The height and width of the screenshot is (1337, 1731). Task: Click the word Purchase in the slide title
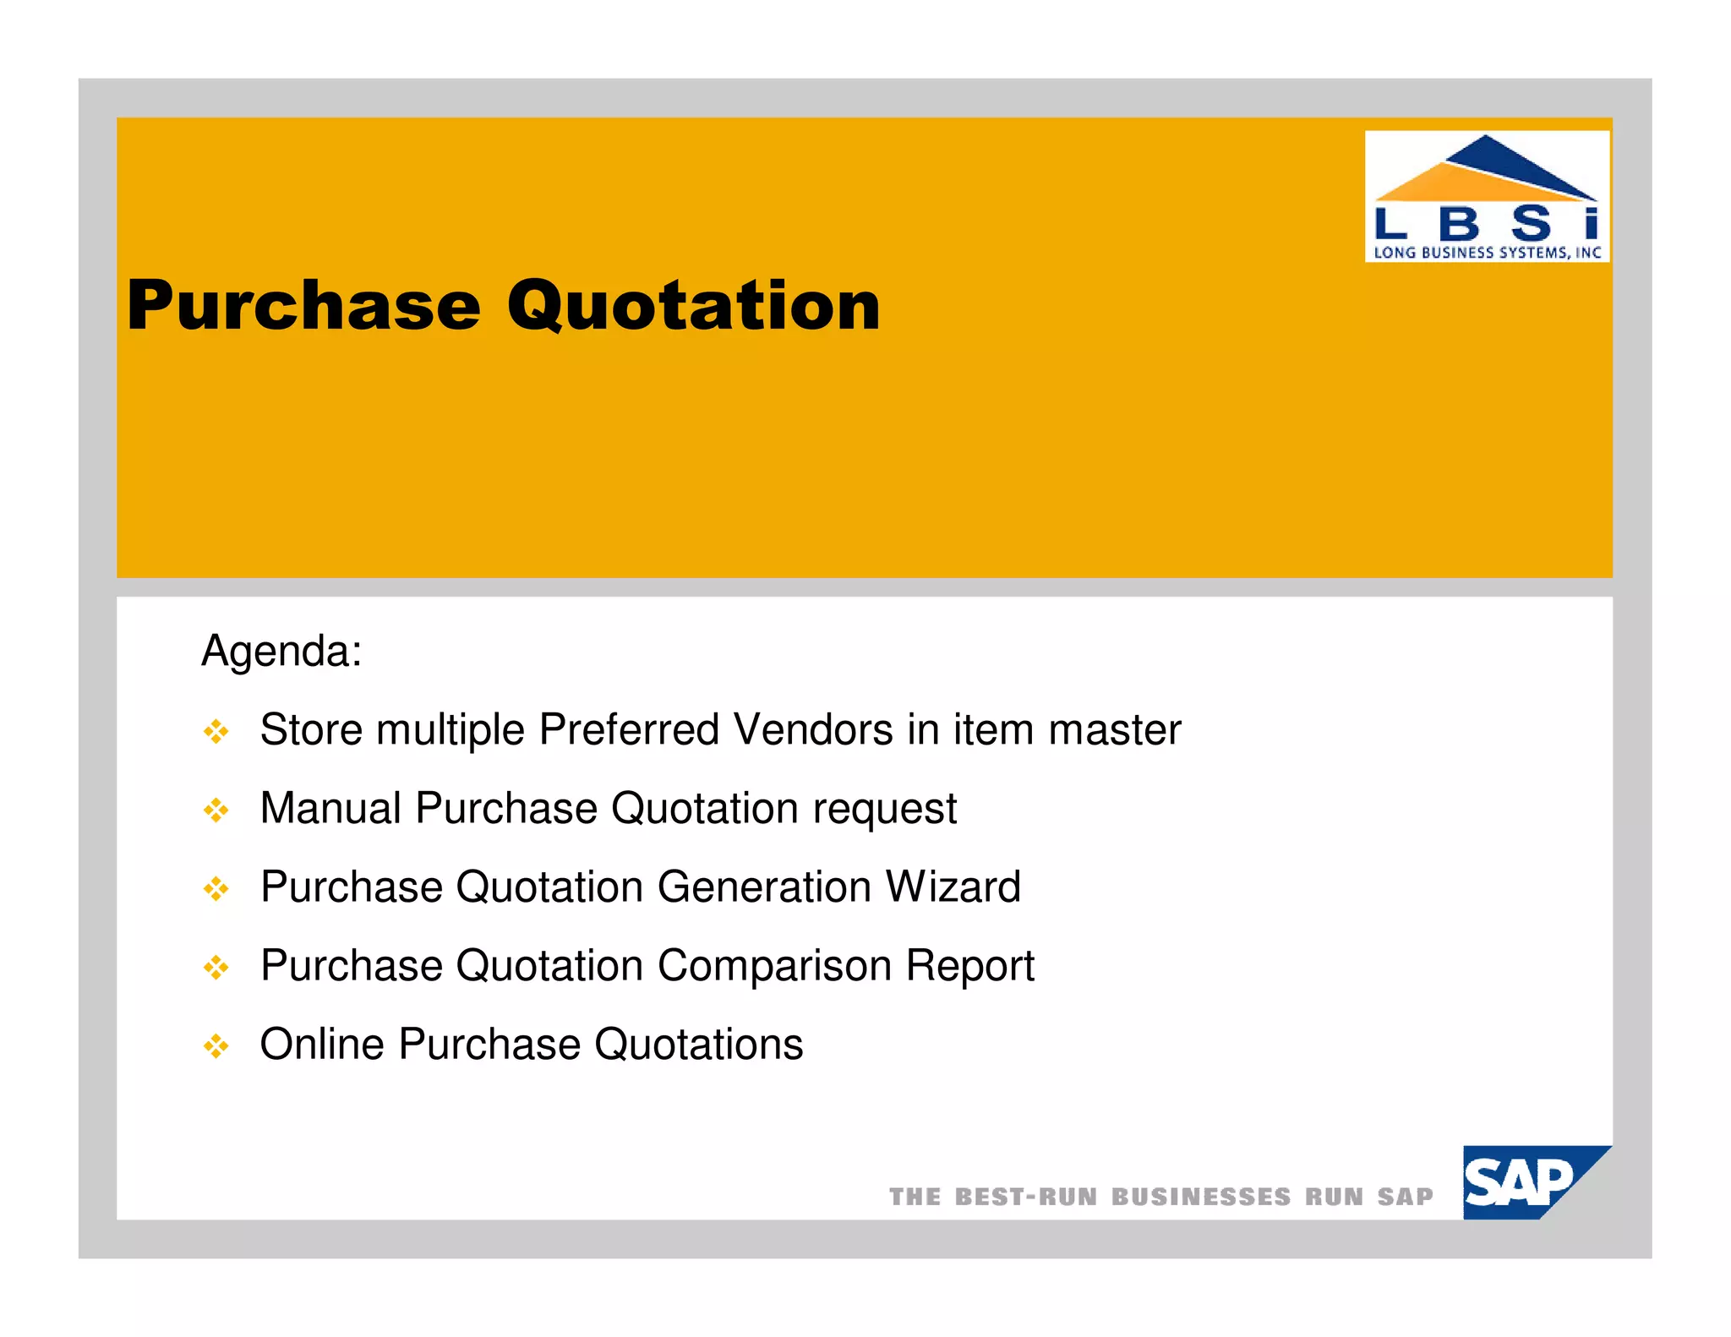(x=303, y=306)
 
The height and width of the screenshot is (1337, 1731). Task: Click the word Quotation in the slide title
(x=693, y=306)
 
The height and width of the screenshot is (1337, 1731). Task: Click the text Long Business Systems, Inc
(x=1487, y=252)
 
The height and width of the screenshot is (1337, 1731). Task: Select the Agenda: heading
(x=281, y=652)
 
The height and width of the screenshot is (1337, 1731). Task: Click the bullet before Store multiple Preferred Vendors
(x=216, y=731)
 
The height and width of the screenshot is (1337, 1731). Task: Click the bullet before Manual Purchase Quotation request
(x=216, y=810)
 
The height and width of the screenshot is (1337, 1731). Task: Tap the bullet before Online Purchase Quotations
(x=216, y=1046)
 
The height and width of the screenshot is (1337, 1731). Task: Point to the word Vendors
(x=812, y=729)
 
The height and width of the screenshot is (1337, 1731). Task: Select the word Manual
(x=330, y=808)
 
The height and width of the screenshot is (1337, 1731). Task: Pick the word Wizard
(x=953, y=887)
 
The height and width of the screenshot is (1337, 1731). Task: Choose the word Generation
(x=764, y=887)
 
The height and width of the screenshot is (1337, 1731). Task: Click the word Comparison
(x=774, y=965)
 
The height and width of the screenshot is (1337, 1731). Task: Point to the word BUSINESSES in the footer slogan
(x=1200, y=1197)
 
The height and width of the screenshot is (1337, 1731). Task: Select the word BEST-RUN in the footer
(x=1025, y=1197)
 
